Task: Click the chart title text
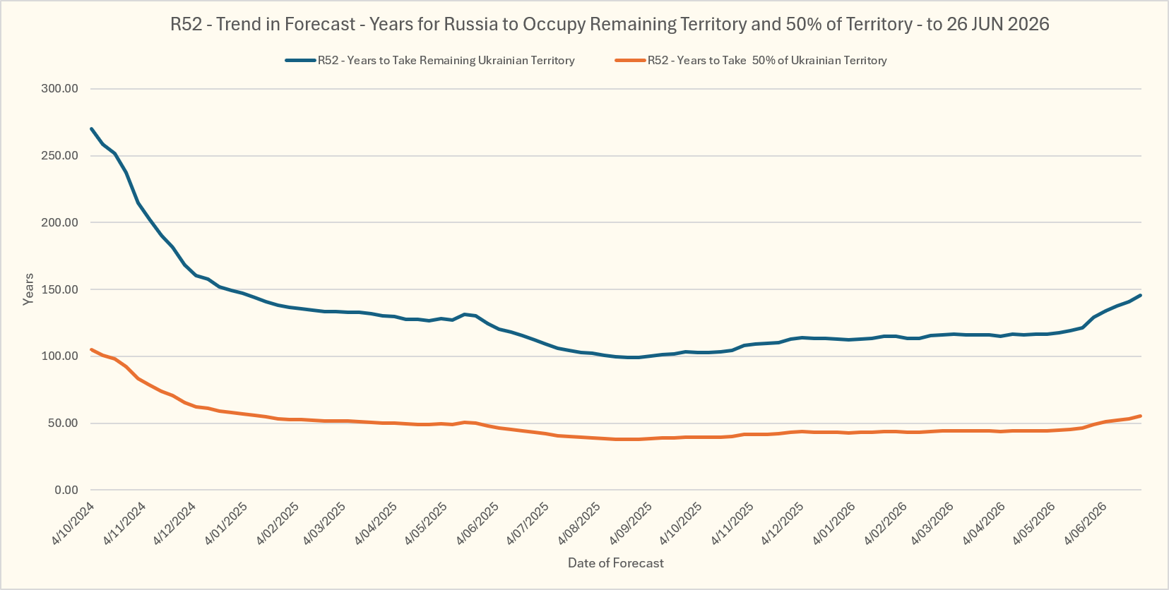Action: pos(610,24)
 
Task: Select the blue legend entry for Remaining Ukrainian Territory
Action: pos(430,61)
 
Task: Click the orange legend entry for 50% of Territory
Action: pos(751,61)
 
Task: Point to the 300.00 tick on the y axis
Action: pos(59,89)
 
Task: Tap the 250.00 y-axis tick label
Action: pos(59,156)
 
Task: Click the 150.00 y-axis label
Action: pos(59,290)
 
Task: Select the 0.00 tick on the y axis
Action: pos(66,490)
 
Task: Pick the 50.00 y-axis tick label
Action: pos(63,423)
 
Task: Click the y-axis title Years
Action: pos(28,289)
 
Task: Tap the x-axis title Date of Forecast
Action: pos(616,563)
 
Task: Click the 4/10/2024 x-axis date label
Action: pos(73,523)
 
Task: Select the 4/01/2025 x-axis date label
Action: pos(226,523)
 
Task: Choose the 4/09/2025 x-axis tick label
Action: pos(631,523)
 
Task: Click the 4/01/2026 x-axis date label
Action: pos(833,523)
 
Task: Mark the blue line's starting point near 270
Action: pos(92,128)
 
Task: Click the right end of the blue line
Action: pos(1141,295)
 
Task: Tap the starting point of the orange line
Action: pos(92,350)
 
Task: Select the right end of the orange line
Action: pos(1141,416)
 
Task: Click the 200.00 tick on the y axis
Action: pos(59,222)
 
